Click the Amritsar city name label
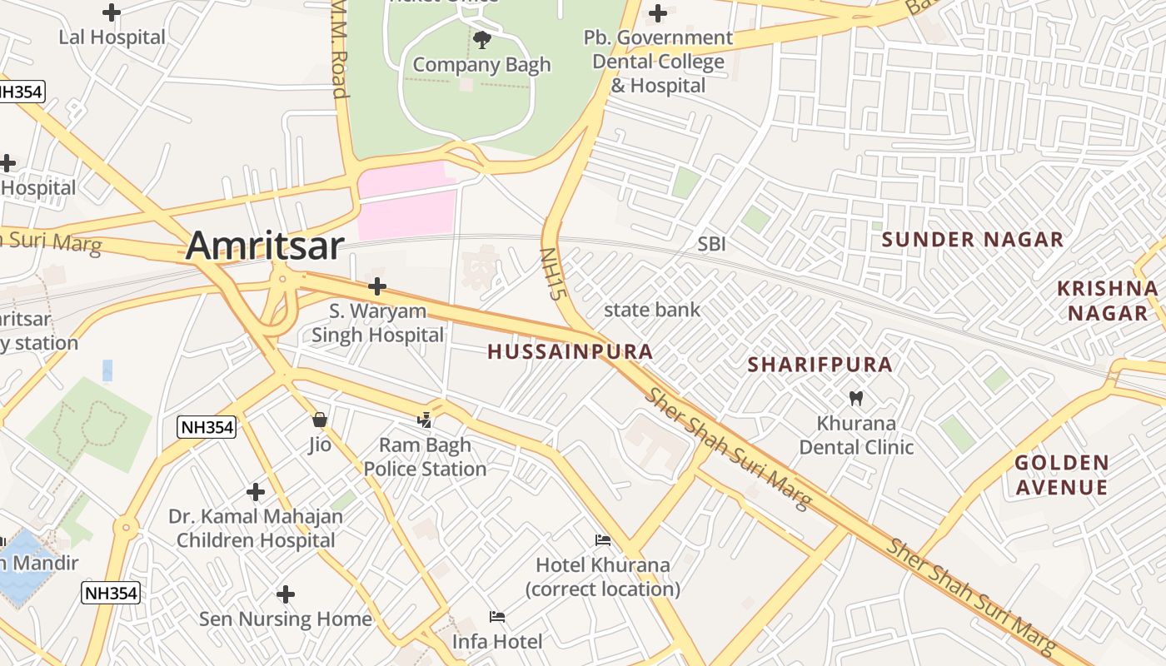point(264,246)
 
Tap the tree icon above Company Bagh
point(481,39)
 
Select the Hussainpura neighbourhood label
point(570,351)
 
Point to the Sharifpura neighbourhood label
point(820,365)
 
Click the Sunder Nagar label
point(973,240)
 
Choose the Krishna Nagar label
point(1107,301)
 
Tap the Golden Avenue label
point(1061,475)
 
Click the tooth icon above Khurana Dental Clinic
point(855,398)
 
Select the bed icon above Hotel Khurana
point(603,540)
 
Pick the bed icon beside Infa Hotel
point(497,617)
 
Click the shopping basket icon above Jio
point(319,420)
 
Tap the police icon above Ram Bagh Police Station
point(425,420)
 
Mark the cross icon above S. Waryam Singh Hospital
point(377,286)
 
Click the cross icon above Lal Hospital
point(111,12)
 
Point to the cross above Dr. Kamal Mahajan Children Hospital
point(256,492)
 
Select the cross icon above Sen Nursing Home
point(286,594)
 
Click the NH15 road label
point(552,274)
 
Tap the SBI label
point(711,244)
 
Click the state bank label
point(651,310)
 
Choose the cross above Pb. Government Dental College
point(658,13)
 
